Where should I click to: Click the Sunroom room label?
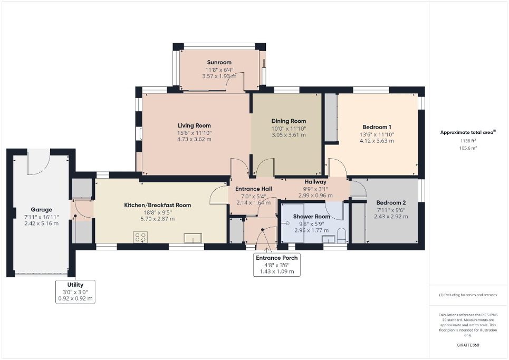pos(218,62)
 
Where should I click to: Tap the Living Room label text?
pos(194,125)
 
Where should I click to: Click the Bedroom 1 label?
pos(377,127)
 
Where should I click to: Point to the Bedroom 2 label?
pos(390,203)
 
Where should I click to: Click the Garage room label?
pos(41,209)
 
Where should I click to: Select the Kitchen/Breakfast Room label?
pos(157,205)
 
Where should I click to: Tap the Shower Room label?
pos(312,217)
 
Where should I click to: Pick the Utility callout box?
pos(75,291)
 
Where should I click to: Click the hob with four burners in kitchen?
pos(141,237)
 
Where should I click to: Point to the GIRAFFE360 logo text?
pos(468,345)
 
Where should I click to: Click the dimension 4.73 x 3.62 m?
pos(194,139)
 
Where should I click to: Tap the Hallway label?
pos(315,182)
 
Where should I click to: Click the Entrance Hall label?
pos(253,189)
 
